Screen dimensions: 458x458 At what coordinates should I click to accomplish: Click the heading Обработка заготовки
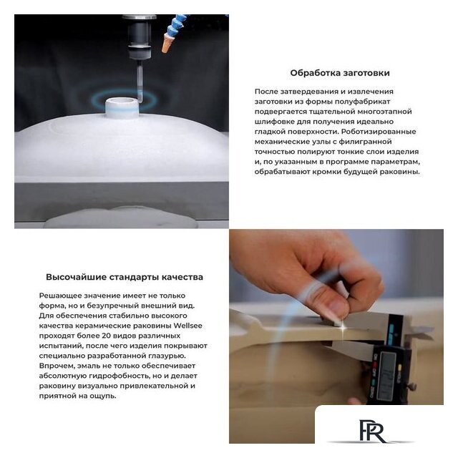340,73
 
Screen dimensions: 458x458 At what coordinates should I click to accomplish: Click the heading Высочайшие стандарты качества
125,277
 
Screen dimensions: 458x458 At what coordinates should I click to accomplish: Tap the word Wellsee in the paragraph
187,326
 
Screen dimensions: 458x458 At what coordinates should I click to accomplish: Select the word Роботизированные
379,132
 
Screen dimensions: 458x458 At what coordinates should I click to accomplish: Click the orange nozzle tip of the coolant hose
167,43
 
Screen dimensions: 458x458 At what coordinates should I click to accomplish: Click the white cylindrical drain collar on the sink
121,107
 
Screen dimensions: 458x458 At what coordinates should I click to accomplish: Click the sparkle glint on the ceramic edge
343,328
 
